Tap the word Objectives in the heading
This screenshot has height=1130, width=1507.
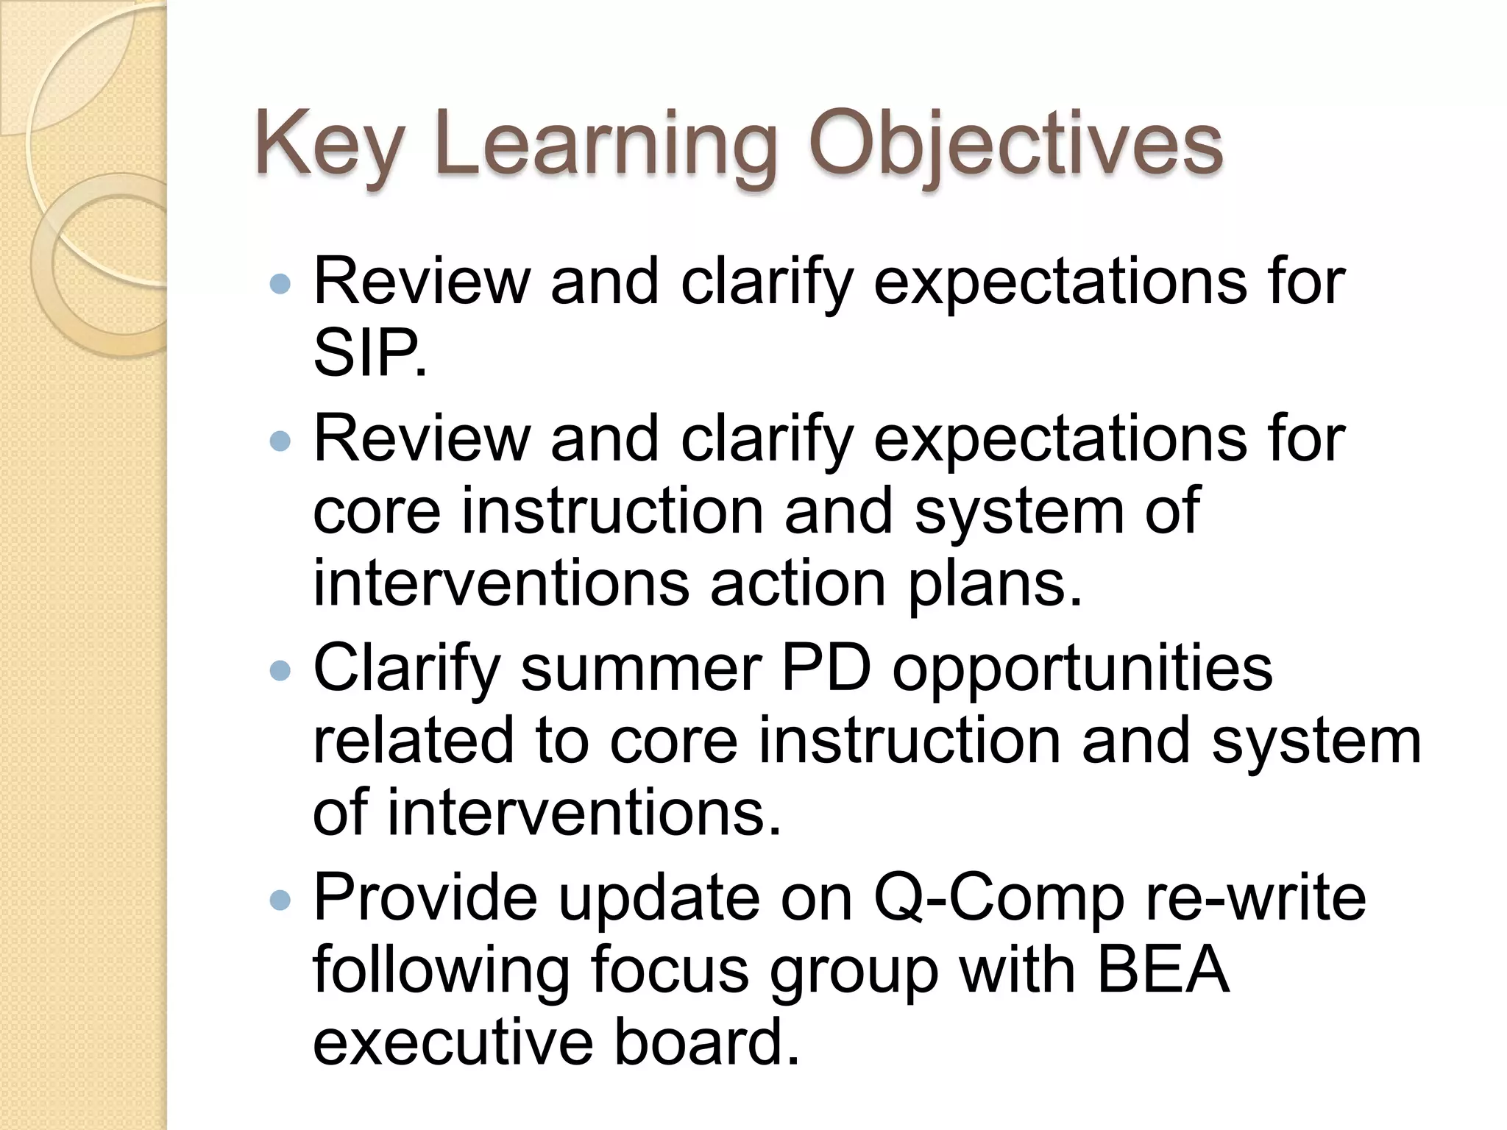(1015, 145)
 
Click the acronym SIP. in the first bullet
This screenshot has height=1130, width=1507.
(369, 354)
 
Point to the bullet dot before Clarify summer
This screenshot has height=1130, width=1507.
(280, 670)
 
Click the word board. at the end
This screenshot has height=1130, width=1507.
(706, 1042)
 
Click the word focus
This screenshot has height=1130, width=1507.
(669, 970)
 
